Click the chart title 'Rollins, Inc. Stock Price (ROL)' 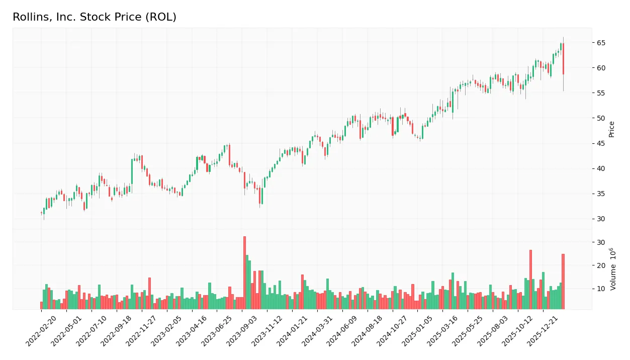click(95, 17)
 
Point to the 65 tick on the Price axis click(601, 43)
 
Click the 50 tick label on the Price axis click(601, 118)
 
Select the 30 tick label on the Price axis click(601, 219)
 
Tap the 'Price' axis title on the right click(612, 129)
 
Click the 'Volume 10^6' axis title click(613, 269)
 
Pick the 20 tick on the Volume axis click(601, 265)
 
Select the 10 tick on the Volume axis click(601, 289)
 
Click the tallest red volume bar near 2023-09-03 click(244, 273)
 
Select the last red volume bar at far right click(563, 282)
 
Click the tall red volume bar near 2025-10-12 click(530, 279)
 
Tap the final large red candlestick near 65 click(563, 59)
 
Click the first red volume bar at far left click(41, 305)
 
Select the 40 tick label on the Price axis click(601, 168)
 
